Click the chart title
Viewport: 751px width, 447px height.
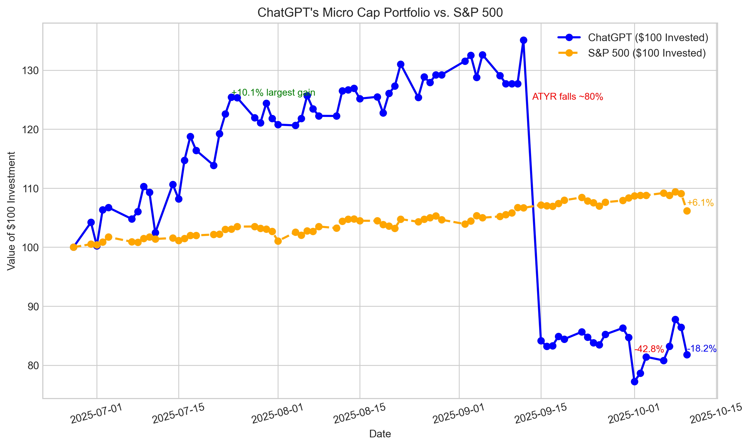[380, 13]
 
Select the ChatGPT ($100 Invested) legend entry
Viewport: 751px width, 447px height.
[648, 38]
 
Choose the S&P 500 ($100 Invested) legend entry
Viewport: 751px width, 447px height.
[646, 53]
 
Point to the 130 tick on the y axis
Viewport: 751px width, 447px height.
[30, 71]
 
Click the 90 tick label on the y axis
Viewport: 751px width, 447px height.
[33, 307]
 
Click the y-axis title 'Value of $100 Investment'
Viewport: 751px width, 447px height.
[11, 211]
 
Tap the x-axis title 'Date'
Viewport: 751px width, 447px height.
[380, 434]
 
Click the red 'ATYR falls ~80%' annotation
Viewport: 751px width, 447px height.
[567, 97]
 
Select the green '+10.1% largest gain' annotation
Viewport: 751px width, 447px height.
[273, 93]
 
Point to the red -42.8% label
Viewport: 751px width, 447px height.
[649, 349]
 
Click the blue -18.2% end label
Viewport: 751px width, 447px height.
[702, 349]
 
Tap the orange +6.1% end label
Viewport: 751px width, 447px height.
[700, 203]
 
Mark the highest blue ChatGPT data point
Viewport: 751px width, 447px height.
[523, 40]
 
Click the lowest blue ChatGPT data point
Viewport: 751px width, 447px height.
[634, 382]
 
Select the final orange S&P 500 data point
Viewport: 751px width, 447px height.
[687, 211]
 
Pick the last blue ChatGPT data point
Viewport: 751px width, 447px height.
[687, 355]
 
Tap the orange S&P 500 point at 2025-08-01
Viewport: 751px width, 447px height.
[278, 241]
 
